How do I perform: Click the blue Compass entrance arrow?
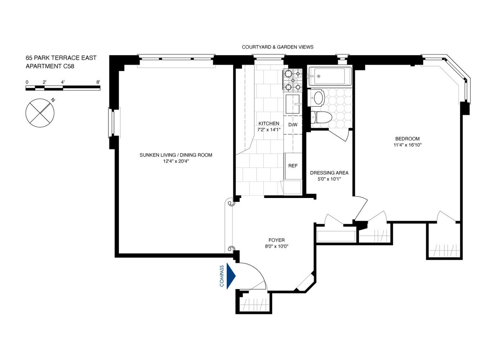[231, 276]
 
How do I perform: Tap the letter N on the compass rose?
[53, 100]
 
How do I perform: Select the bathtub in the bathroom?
[330, 76]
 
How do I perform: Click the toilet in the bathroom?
[321, 117]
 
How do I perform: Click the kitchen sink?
[293, 104]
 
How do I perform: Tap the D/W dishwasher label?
[293, 125]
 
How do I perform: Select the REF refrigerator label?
[293, 166]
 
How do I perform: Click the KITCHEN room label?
[269, 123]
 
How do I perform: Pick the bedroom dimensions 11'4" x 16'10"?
[407, 145]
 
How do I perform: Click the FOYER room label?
[276, 240]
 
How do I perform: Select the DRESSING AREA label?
[329, 173]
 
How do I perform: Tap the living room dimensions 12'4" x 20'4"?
[176, 161]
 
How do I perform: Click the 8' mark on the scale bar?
[98, 82]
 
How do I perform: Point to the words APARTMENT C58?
[50, 66]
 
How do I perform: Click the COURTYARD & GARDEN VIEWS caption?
[278, 47]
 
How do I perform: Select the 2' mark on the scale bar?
[44, 82]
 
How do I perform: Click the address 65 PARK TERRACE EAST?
[61, 58]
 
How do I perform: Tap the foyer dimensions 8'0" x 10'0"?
[277, 246]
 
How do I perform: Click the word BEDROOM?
[407, 139]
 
